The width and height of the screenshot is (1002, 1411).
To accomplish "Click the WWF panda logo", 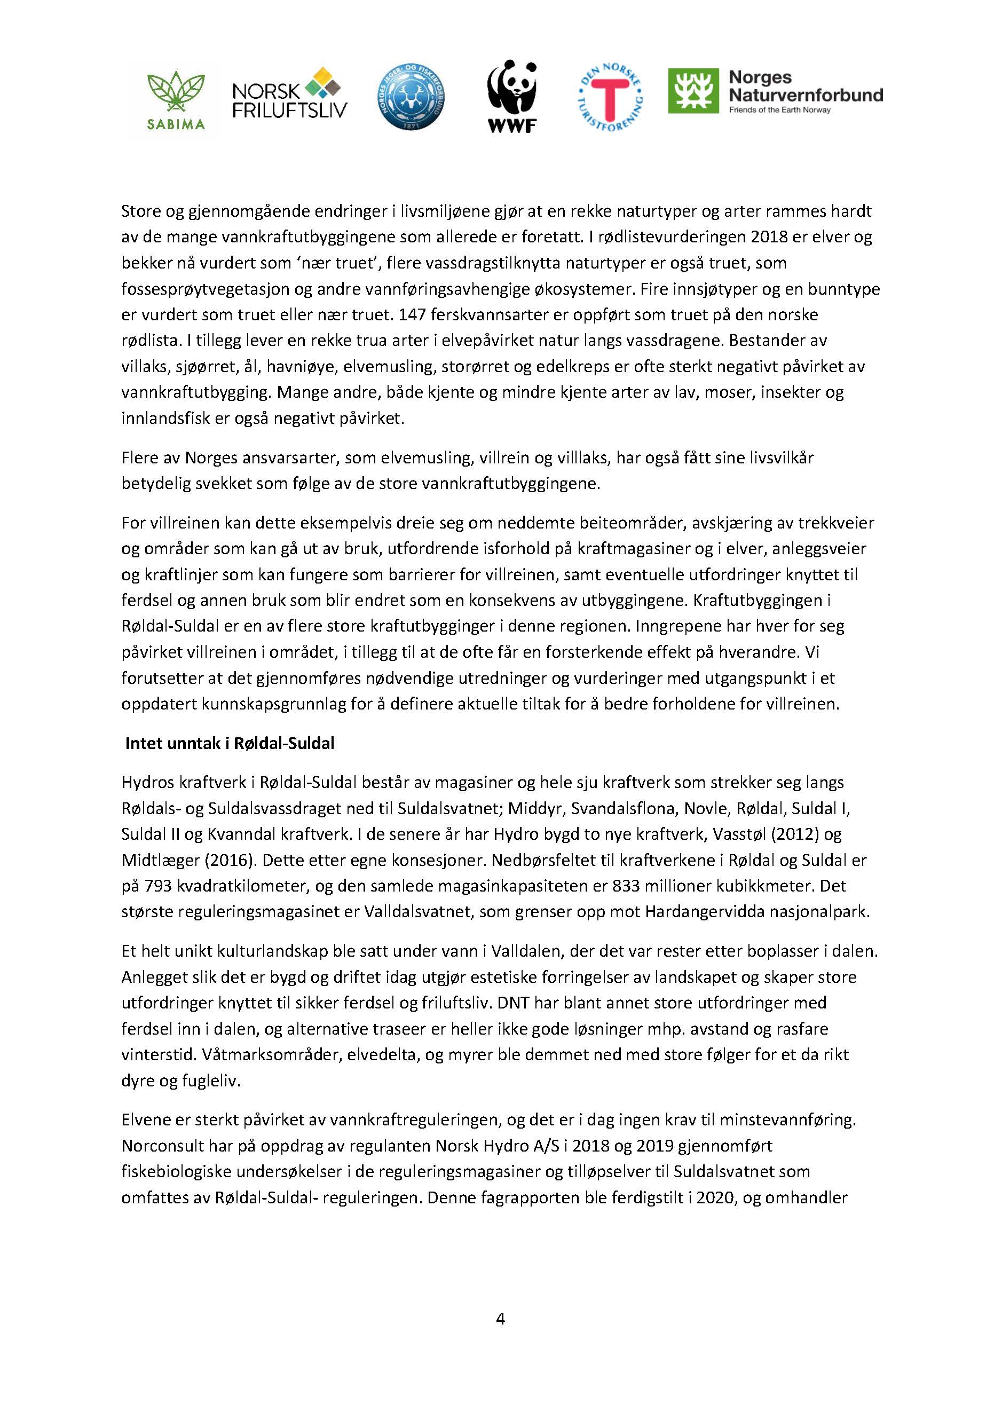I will click(x=512, y=96).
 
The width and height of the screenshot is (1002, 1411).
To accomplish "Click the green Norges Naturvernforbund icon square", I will click(x=693, y=91).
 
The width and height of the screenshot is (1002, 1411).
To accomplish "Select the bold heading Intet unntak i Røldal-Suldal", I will click(x=230, y=744).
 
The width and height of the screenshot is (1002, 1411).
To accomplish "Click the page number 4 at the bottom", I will click(x=500, y=1319).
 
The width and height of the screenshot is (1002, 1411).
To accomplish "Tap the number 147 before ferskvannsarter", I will click(x=412, y=314).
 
